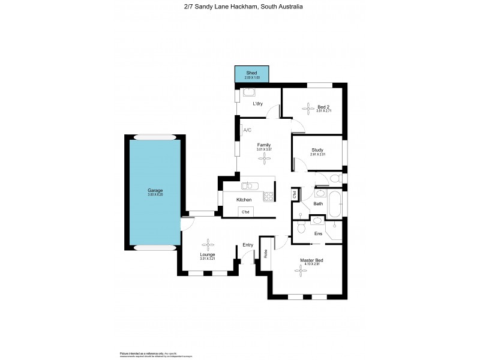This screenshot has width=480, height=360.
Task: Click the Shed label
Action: click(x=251, y=73)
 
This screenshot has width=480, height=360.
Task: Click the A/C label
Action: click(x=247, y=130)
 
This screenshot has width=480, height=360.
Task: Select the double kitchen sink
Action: click(x=250, y=185)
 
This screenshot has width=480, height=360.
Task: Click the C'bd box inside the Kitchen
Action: click(x=245, y=212)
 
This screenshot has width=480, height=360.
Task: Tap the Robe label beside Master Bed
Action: click(x=265, y=254)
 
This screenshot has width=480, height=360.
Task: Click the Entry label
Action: click(x=248, y=245)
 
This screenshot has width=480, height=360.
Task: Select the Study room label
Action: click(x=317, y=150)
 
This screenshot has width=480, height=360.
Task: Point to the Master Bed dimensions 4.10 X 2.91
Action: click(x=315, y=265)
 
